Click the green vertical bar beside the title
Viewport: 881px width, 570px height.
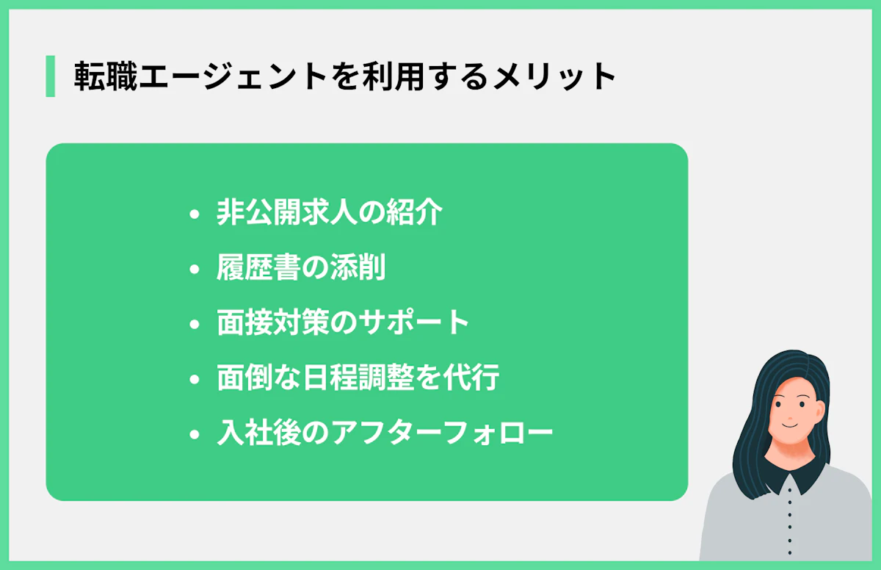(50, 76)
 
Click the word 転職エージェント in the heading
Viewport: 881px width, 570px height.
(200, 77)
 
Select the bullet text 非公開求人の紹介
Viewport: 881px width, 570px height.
(330, 213)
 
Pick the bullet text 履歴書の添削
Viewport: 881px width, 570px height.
(301, 268)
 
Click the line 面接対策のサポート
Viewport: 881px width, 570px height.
(343, 323)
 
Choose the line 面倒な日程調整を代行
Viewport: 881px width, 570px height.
(358, 378)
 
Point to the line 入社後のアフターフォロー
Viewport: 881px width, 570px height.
(385, 433)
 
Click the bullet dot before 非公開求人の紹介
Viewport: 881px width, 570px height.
(194, 214)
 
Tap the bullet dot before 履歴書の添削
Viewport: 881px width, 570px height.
(194, 270)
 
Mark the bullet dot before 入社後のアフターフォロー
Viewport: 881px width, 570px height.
(194, 435)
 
